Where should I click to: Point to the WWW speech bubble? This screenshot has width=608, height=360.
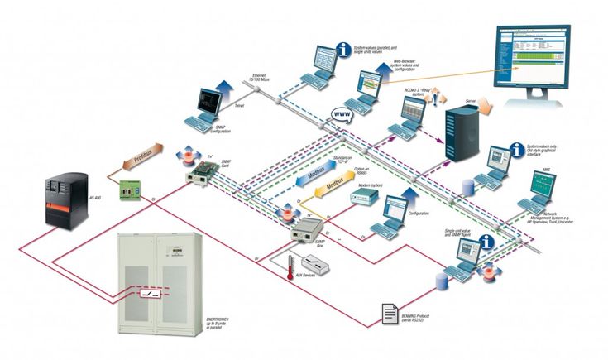(x=342, y=117)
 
